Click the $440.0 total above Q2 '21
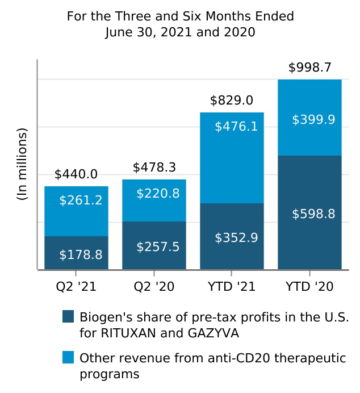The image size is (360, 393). click(x=76, y=174)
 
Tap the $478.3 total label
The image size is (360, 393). click(x=154, y=168)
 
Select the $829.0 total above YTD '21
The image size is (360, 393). click(x=232, y=101)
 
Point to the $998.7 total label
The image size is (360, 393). click(x=309, y=68)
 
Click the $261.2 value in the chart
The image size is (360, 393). click(x=81, y=200)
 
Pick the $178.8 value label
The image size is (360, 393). click(x=81, y=255)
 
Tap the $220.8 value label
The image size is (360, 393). click(x=158, y=194)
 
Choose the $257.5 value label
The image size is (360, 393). click(x=158, y=247)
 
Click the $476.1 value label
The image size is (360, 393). click(x=236, y=126)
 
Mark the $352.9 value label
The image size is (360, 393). click(x=236, y=238)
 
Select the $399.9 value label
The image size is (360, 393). click(x=313, y=120)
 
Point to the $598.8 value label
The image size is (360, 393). click(x=313, y=214)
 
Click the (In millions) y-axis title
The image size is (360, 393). click(x=22, y=165)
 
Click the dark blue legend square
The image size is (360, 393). click(x=68, y=316)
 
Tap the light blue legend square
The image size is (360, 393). click(x=68, y=358)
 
